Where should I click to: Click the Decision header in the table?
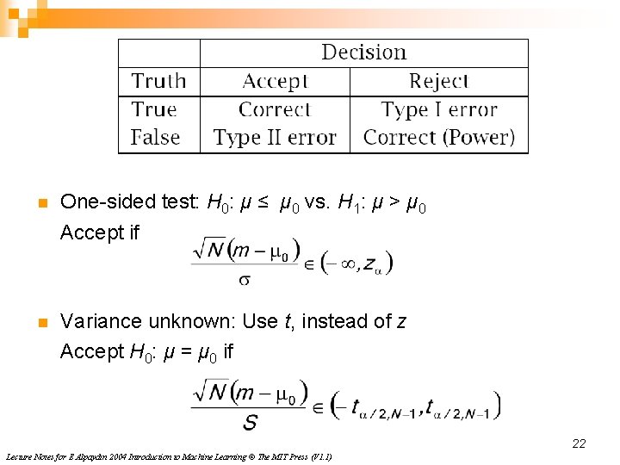click(x=363, y=53)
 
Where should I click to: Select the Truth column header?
click(x=158, y=81)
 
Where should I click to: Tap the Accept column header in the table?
click(x=275, y=81)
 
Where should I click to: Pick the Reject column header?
click(x=438, y=81)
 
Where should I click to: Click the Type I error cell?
click(x=439, y=110)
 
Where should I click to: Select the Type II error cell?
click(x=275, y=138)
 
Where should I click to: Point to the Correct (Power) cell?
click(x=439, y=138)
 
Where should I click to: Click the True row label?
click(x=154, y=110)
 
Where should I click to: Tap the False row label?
click(x=155, y=138)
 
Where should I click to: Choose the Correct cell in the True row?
click(x=275, y=110)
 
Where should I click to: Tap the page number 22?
click(x=579, y=443)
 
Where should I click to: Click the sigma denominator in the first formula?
click(x=245, y=279)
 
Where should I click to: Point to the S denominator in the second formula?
click(x=250, y=422)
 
